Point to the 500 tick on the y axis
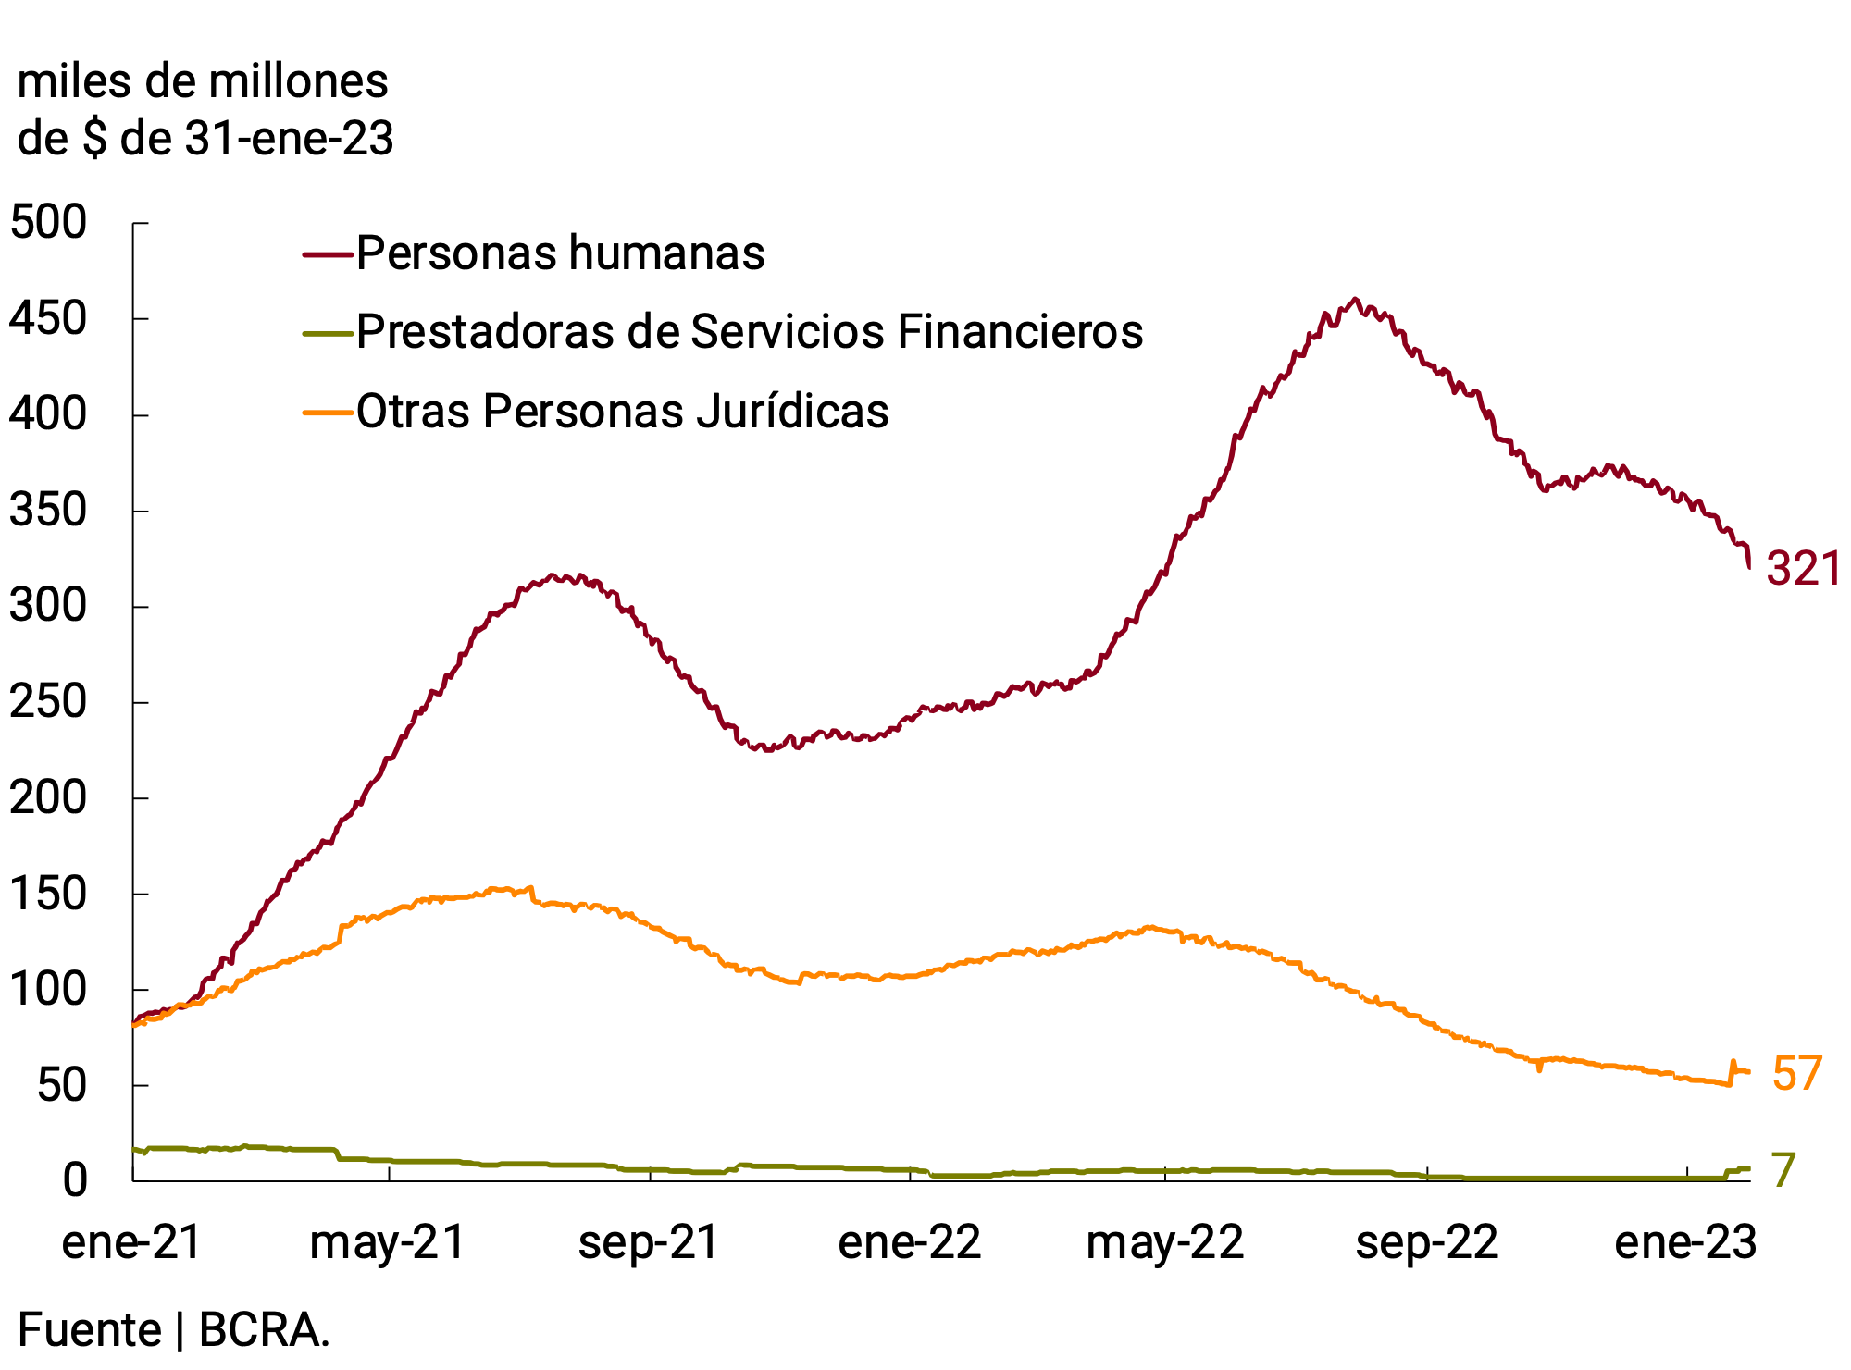tap(48, 223)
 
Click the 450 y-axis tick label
tap(48, 319)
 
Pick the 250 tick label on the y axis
tap(48, 702)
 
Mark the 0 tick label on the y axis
tap(75, 1180)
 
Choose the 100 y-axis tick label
tap(48, 990)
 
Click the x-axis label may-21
tap(388, 1242)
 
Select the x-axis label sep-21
tap(649, 1242)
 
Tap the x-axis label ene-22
tap(910, 1242)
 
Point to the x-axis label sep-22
tap(1427, 1242)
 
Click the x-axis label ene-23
tap(1685, 1242)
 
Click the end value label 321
tap(1803, 569)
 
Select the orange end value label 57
tap(1796, 1074)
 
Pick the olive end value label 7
tap(1783, 1170)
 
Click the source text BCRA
tap(264, 1330)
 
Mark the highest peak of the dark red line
tap(1355, 299)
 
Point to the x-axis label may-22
tap(1165, 1242)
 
